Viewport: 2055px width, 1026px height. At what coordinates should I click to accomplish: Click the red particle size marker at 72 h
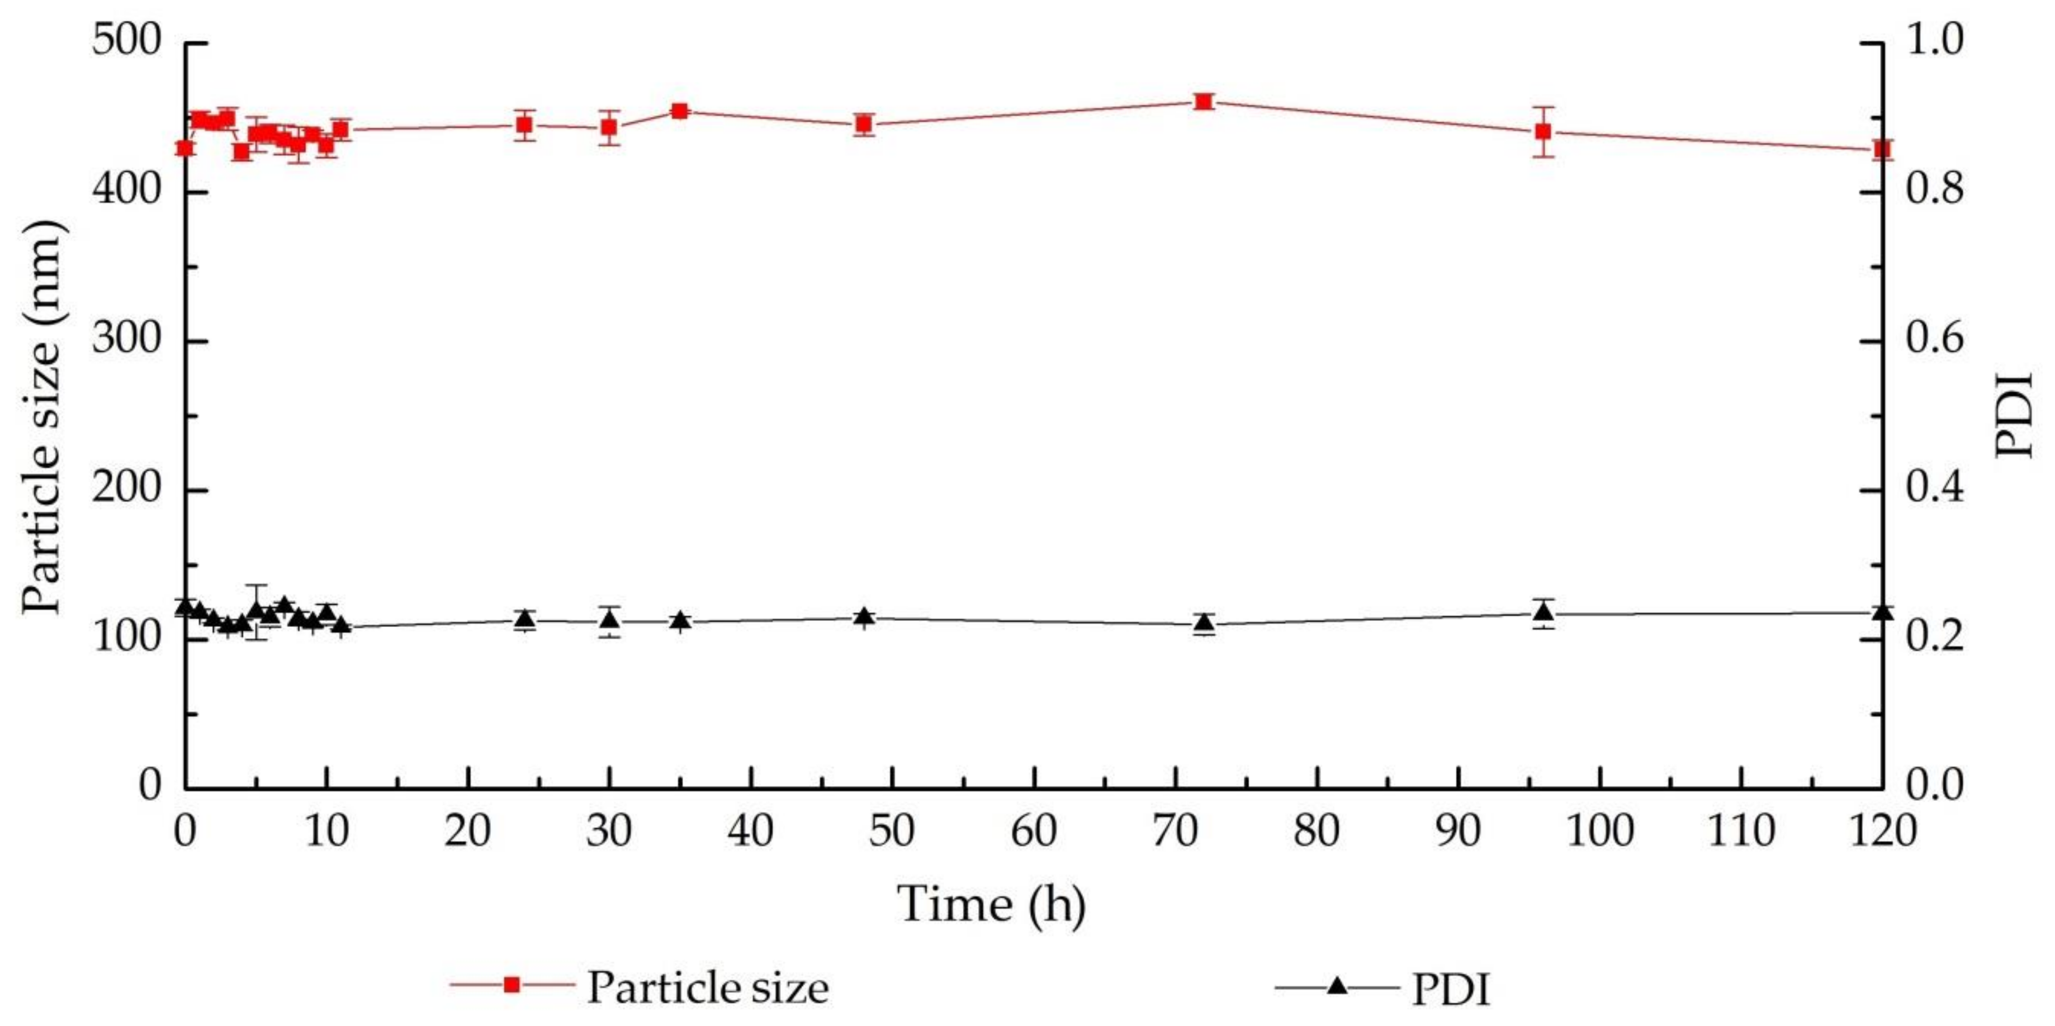(1204, 101)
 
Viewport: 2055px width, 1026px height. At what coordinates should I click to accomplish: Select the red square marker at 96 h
(1543, 131)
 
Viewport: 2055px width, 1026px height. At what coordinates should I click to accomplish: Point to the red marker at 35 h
(680, 111)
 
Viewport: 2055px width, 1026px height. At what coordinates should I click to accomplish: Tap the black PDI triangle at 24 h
(524, 619)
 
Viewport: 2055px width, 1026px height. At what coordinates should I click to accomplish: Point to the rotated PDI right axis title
(2016, 415)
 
